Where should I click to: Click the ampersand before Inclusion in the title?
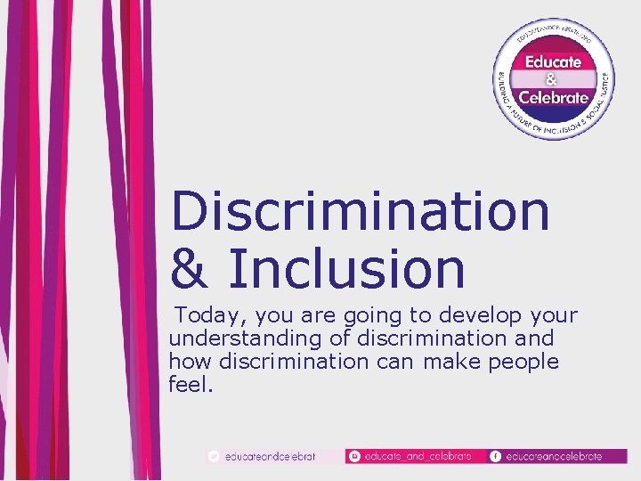point(191,269)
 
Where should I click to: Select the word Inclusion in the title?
point(346,269)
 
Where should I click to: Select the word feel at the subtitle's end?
point(189,385)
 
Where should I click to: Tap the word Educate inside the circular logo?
point(553,61)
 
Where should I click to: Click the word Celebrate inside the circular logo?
point(553,97)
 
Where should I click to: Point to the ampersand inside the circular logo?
point(552,79)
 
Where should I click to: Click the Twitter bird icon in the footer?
point(213,456)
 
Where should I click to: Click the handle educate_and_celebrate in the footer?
point(418,456)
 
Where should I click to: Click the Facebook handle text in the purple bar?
point(554,456)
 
